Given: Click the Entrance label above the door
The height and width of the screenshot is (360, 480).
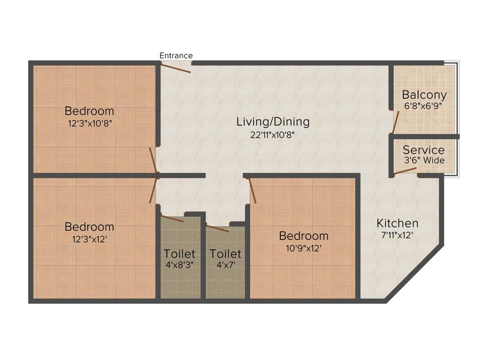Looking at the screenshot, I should pyautogui.click(x=176, y=55).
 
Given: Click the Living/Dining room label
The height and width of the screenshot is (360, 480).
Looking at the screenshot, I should pyautogui.click(x=273, y=122).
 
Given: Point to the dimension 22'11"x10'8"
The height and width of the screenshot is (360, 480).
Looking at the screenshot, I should pyautogui.click(x=273, y=135).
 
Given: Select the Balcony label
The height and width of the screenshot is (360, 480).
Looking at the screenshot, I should pyautogui.click(x=424, y=94).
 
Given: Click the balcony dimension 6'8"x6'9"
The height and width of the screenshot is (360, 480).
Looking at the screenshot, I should pyautogui.click(x=424, y=105).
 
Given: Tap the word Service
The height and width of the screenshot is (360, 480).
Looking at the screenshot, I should pyautogui.click(x=424, y=150).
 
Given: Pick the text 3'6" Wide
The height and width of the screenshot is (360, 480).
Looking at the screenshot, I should pyautogui.click(x=424, y=160).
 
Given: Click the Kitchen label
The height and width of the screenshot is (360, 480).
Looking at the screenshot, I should pyautogui.click(x=397, y=223).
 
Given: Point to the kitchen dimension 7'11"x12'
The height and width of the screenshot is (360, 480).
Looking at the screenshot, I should pyautogui.click(x=397, y=235).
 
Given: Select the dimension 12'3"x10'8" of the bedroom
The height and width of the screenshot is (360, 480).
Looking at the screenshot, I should pyautogui.click(x=89, y=123).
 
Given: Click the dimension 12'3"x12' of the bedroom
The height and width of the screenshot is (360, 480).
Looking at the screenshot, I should pyautogui.click(x=89, y=239).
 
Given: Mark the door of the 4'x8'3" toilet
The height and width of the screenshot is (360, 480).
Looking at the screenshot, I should pyautogui.click(x=172, y=218).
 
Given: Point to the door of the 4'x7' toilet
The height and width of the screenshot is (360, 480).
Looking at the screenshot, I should pyautogui.click(x=217, y=228).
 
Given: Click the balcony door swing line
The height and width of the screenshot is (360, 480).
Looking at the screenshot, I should pyautogui.click(x=395, y=122).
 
